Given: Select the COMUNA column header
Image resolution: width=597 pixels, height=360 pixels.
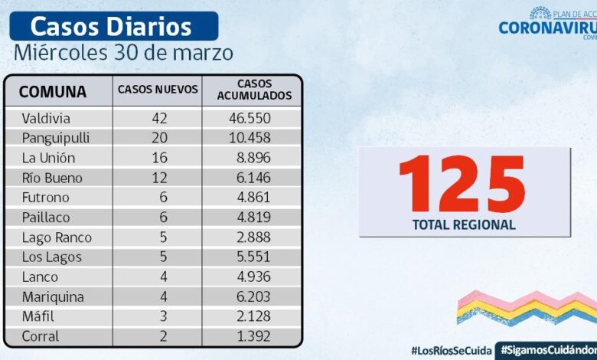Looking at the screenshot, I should pyautogui.click(x=52, y=92).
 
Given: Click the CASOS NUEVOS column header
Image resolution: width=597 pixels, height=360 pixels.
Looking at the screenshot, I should pyautogui.click(x=158, y=90).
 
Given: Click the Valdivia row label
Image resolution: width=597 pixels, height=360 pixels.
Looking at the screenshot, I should pyautogui.click(x=46, y=119).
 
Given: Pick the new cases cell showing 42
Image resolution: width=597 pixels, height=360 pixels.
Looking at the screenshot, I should pyautogui.click(x=159, y=119).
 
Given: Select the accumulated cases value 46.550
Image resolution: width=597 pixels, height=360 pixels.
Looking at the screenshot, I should pyautogui.click(x=250, y=119).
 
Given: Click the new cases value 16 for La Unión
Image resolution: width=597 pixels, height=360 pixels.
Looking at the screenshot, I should pyautogui.click(x=159, y=159).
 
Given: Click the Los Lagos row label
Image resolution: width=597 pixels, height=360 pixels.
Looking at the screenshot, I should pyautogui.click(x=51, y=257).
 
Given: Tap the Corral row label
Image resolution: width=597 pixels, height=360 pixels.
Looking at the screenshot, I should pyautogui.click(x=41, y=336).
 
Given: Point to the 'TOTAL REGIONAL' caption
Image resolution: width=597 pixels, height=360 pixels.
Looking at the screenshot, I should pyautogui.click(x=464, y=225).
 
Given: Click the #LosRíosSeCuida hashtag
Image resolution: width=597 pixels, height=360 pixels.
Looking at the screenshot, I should pyautogui.click(x=452, y=349).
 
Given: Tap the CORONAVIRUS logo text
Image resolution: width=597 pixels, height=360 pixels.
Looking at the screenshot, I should pyautogui.click(x=547, y=28).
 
